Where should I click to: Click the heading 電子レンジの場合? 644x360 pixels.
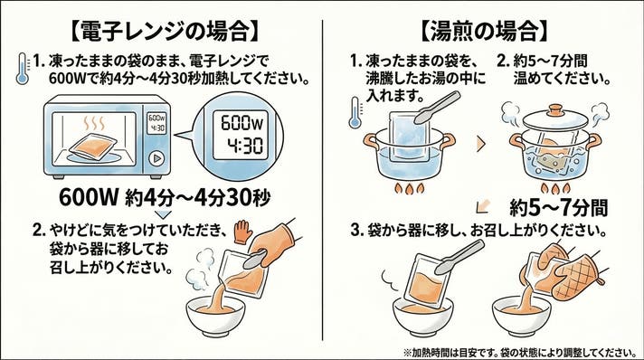click(166, 31)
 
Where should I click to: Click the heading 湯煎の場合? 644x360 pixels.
click(484, 31)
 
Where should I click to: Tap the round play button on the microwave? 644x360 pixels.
click(156, 158)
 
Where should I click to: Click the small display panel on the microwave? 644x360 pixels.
click(156, 123)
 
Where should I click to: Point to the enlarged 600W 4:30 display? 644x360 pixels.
click(241, 135)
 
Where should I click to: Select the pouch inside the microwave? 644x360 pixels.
click(93, 146)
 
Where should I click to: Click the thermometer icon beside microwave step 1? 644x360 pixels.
click(23, 69)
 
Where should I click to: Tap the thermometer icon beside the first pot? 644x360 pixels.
click(355, 112)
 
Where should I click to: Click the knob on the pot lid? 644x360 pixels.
click(555, 110)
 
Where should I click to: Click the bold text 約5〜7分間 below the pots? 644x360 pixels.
click(559, 207)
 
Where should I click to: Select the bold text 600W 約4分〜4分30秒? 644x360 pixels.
click(165, 198)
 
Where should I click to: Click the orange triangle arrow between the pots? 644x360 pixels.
click(481, 144)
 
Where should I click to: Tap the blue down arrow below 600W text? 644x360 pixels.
click(164, 214)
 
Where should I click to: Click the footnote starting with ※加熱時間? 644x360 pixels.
click(520, 352)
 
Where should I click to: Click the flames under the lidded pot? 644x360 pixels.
click(555, 189)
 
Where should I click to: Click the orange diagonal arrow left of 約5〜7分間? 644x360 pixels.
click(482, 207)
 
